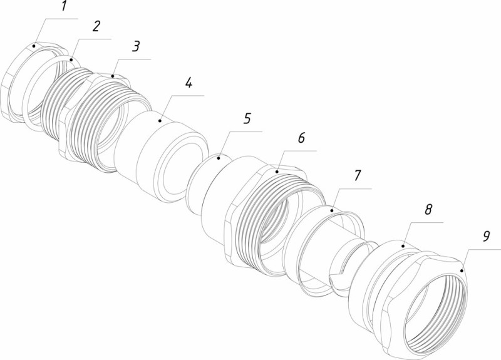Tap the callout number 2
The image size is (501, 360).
95,27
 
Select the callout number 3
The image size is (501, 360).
135,47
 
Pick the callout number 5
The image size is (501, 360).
247,118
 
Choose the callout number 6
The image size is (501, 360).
301,139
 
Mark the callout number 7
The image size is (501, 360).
357,176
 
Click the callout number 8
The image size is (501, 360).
428,210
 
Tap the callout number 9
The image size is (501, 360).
486,238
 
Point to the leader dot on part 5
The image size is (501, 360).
219,158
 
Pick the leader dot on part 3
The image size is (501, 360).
114,76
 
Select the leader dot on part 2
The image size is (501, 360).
71,59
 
